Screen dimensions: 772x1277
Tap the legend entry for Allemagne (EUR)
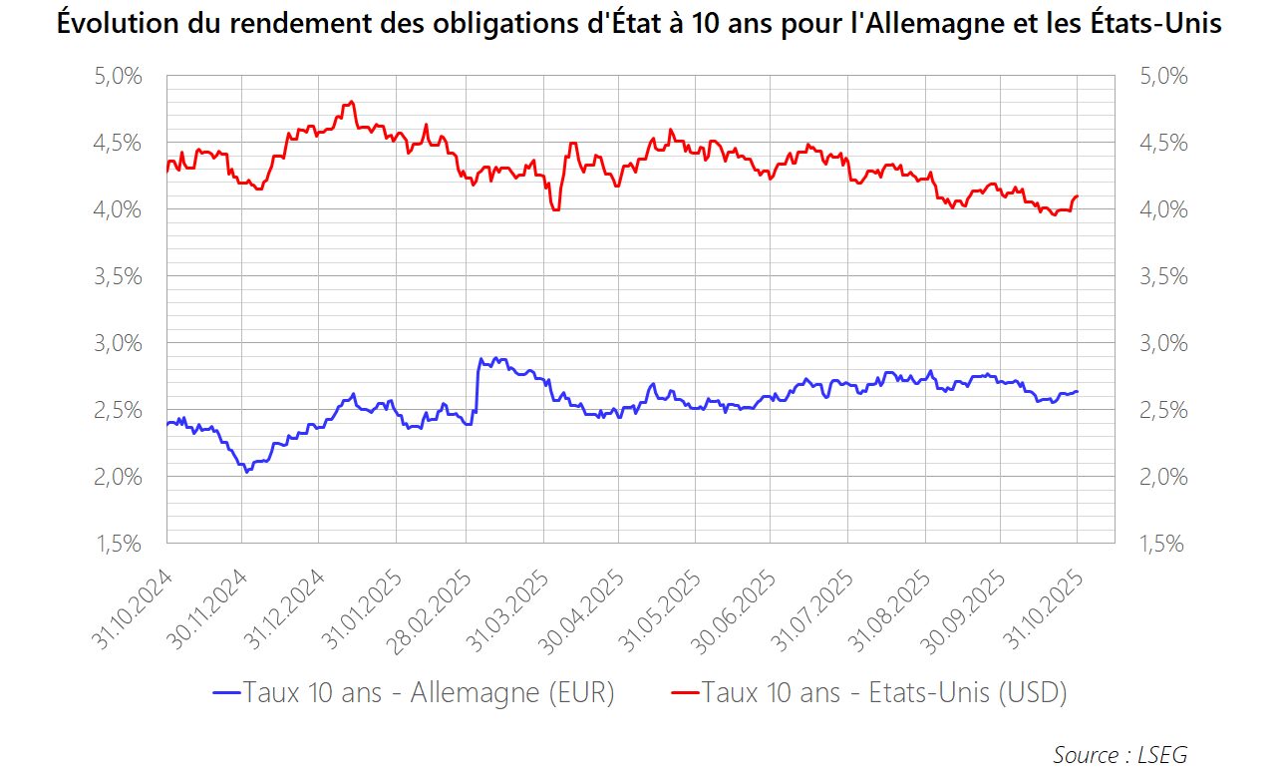414,692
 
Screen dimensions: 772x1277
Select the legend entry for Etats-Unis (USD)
868,692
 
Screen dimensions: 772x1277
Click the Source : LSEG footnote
1119,754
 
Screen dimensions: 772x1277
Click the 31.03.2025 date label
511,609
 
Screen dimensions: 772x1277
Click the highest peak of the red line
352,102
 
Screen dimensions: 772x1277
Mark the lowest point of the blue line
246,471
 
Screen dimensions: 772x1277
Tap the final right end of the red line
1078,196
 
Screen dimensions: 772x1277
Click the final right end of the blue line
1078,391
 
